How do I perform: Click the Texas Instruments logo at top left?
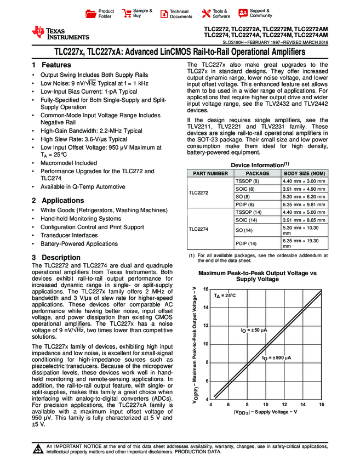click(60, 33)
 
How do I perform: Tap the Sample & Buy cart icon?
click(127, 14)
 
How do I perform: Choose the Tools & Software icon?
click(206, 14)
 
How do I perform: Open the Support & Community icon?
click(242, 14)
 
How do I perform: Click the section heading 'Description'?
click(61, 258)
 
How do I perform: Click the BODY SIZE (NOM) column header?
click(304, 173)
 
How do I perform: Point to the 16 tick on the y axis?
click(206, 289)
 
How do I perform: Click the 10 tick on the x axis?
click(265, 404)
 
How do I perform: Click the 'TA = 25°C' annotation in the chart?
click(225, 295)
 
